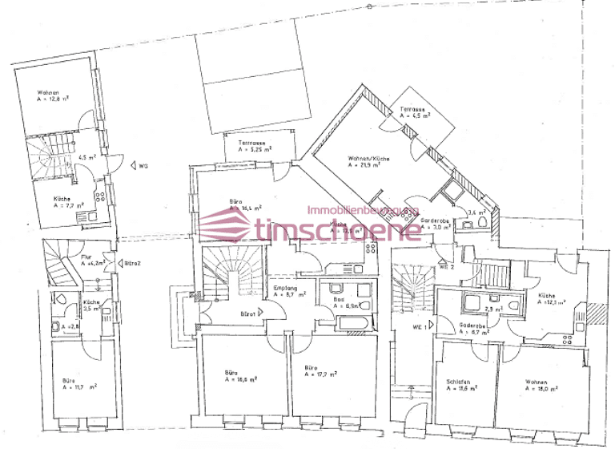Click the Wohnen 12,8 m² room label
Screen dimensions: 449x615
click(54, 95)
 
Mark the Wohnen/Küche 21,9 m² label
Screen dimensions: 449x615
click(369, 162)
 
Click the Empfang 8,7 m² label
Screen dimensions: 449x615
click(289, 291)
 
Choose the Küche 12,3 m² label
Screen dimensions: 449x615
click(553, 300)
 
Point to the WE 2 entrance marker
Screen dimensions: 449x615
click(446, 265)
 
